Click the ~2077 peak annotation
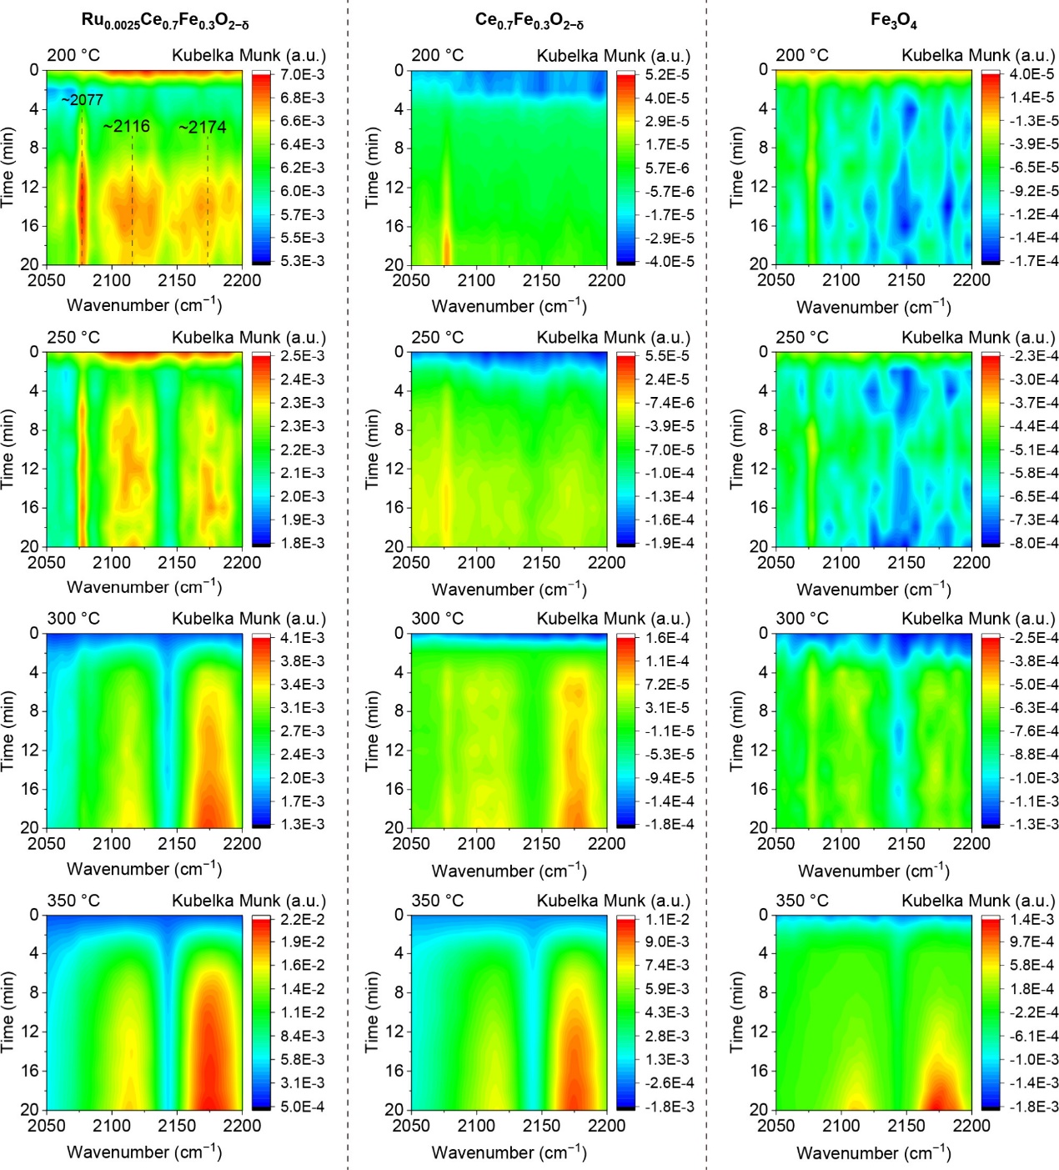pos(82,100)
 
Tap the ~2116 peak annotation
pos(127,127)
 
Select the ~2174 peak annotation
pos(203,128)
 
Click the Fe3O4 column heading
pos(893,21)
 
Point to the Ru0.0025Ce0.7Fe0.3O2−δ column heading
pos(165,21)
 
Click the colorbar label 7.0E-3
pos(303,74)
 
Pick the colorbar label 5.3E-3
pos(303,261)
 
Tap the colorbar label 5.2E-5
pos(668,74)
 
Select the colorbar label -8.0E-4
pos(1033,543)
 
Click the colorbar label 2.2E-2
pos(303,920)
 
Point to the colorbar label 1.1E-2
pos(668,920)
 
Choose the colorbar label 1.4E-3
pos(1032,920)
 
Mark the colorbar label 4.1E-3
pos(303,638)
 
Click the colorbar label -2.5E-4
pos(1033,638)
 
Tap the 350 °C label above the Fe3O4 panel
pos(802,901)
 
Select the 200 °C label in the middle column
pos(438,56)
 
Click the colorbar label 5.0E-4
pos(303,1107)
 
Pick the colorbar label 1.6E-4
pos(668,638)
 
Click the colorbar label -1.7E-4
pos(1033,261)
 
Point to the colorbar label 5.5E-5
pos(668,356)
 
